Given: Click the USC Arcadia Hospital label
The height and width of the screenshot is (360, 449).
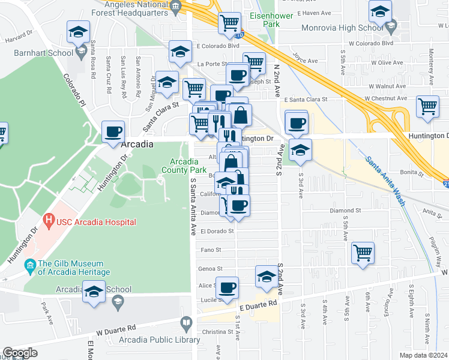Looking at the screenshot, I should click(96, 222).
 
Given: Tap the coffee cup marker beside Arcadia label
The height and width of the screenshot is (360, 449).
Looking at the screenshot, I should click(113, 132).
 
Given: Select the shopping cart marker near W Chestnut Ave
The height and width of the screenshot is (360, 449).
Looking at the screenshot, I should click(427, 106).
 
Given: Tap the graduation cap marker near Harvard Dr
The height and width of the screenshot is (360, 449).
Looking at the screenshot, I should click(77, 32).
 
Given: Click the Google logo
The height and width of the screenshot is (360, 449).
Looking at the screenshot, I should click(20, 353).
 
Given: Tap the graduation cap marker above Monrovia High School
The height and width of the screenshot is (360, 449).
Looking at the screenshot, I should click(380, 11).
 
